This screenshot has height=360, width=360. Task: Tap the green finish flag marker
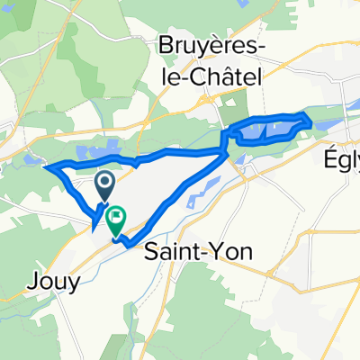(116, 220)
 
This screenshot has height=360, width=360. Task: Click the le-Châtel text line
(209, 79)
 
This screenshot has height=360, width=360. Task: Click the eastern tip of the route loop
(310, 121)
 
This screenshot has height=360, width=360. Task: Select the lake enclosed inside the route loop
(270, 131)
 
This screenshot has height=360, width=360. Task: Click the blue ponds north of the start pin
(99, 154)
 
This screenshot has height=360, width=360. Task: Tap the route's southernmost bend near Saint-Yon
(129, 244)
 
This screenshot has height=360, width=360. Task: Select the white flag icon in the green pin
(116, 218)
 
